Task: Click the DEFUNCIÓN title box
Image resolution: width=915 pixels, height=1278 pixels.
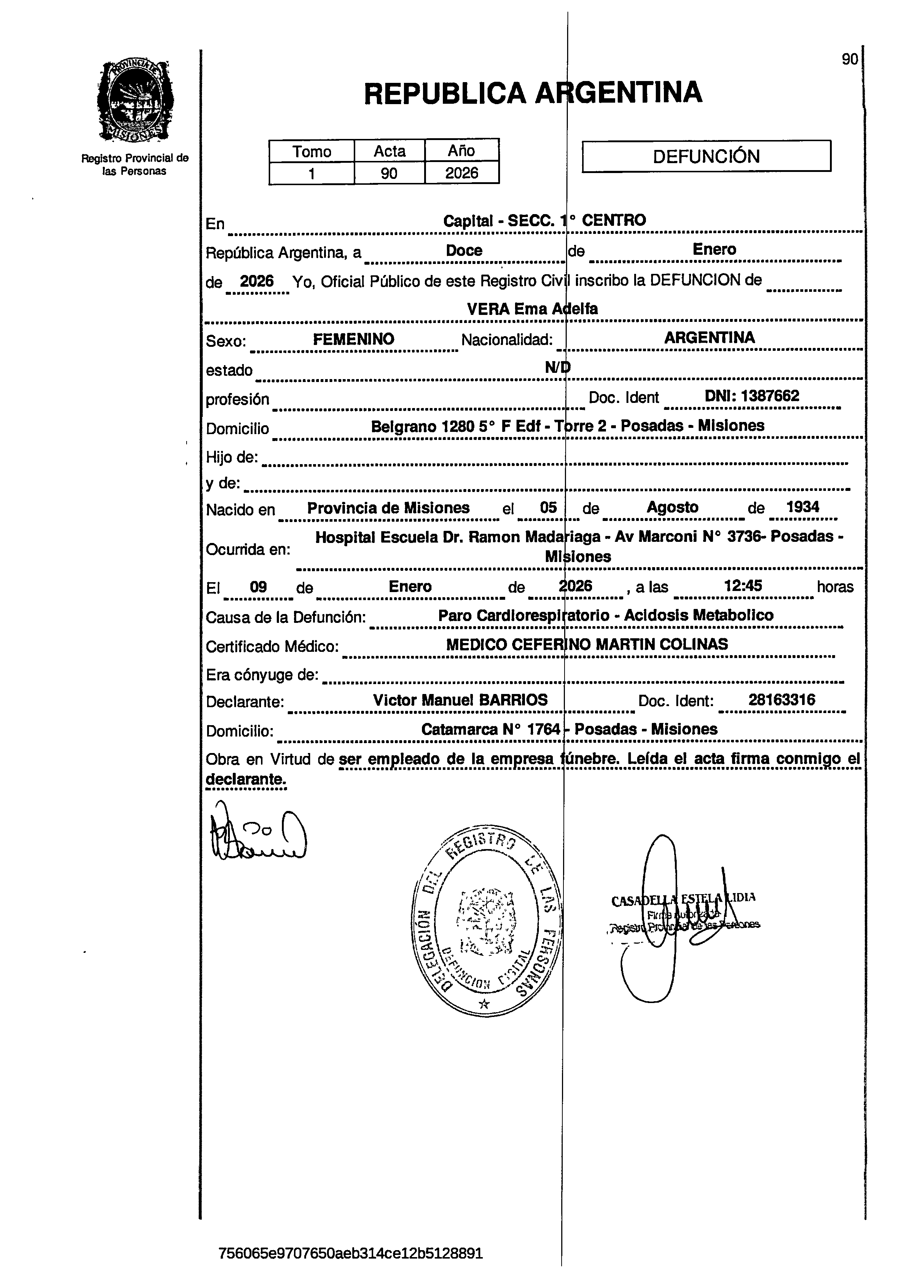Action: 706,156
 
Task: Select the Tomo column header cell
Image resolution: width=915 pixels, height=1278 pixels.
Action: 312,151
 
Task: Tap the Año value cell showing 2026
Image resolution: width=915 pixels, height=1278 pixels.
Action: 462,173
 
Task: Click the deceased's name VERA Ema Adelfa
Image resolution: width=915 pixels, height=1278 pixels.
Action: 532,309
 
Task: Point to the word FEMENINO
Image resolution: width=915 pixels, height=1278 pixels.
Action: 353,339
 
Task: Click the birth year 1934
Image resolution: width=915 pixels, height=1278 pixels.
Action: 802,507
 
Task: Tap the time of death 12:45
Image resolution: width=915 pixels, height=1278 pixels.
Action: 743,586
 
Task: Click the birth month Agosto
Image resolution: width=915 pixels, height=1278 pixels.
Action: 672,507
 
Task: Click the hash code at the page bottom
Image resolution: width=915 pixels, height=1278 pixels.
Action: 350,1253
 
